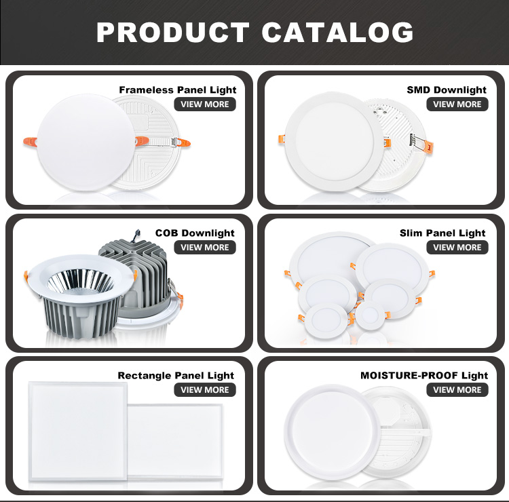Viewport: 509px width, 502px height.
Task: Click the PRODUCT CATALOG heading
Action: coord(254,32)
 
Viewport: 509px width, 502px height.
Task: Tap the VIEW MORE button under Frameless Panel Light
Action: coord(205,104)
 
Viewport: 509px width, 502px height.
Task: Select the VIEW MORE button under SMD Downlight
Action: coord(457,104)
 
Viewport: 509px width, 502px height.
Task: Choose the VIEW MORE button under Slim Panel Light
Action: coord(457,247)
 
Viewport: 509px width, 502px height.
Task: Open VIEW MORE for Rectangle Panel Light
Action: coord(205,389)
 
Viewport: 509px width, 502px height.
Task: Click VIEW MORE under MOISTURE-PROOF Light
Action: coord(457,389)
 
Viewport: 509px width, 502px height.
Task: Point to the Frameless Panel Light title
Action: coord(178,90)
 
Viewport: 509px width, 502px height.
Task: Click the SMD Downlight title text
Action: coord(447,90)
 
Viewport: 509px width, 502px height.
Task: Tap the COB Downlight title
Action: coord(195,233)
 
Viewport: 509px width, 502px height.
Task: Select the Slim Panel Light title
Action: coord(442,233)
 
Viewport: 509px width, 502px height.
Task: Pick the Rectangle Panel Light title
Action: coord(176,375)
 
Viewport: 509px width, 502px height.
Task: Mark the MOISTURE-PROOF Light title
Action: coord(424,375)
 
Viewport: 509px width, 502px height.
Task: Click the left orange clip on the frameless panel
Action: coord(30,142)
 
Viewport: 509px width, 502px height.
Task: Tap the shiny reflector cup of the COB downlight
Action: coord(81,282)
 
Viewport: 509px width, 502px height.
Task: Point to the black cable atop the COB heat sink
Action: coord(136,236)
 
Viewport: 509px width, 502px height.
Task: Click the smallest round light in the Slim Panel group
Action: coord(370,315)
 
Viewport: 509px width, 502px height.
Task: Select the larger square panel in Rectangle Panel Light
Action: coord(78,431)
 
